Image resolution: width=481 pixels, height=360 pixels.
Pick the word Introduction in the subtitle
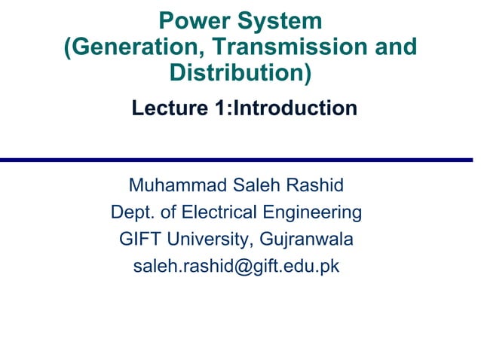coord(295,108)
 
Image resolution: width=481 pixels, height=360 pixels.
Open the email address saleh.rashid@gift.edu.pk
coord(236,267)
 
